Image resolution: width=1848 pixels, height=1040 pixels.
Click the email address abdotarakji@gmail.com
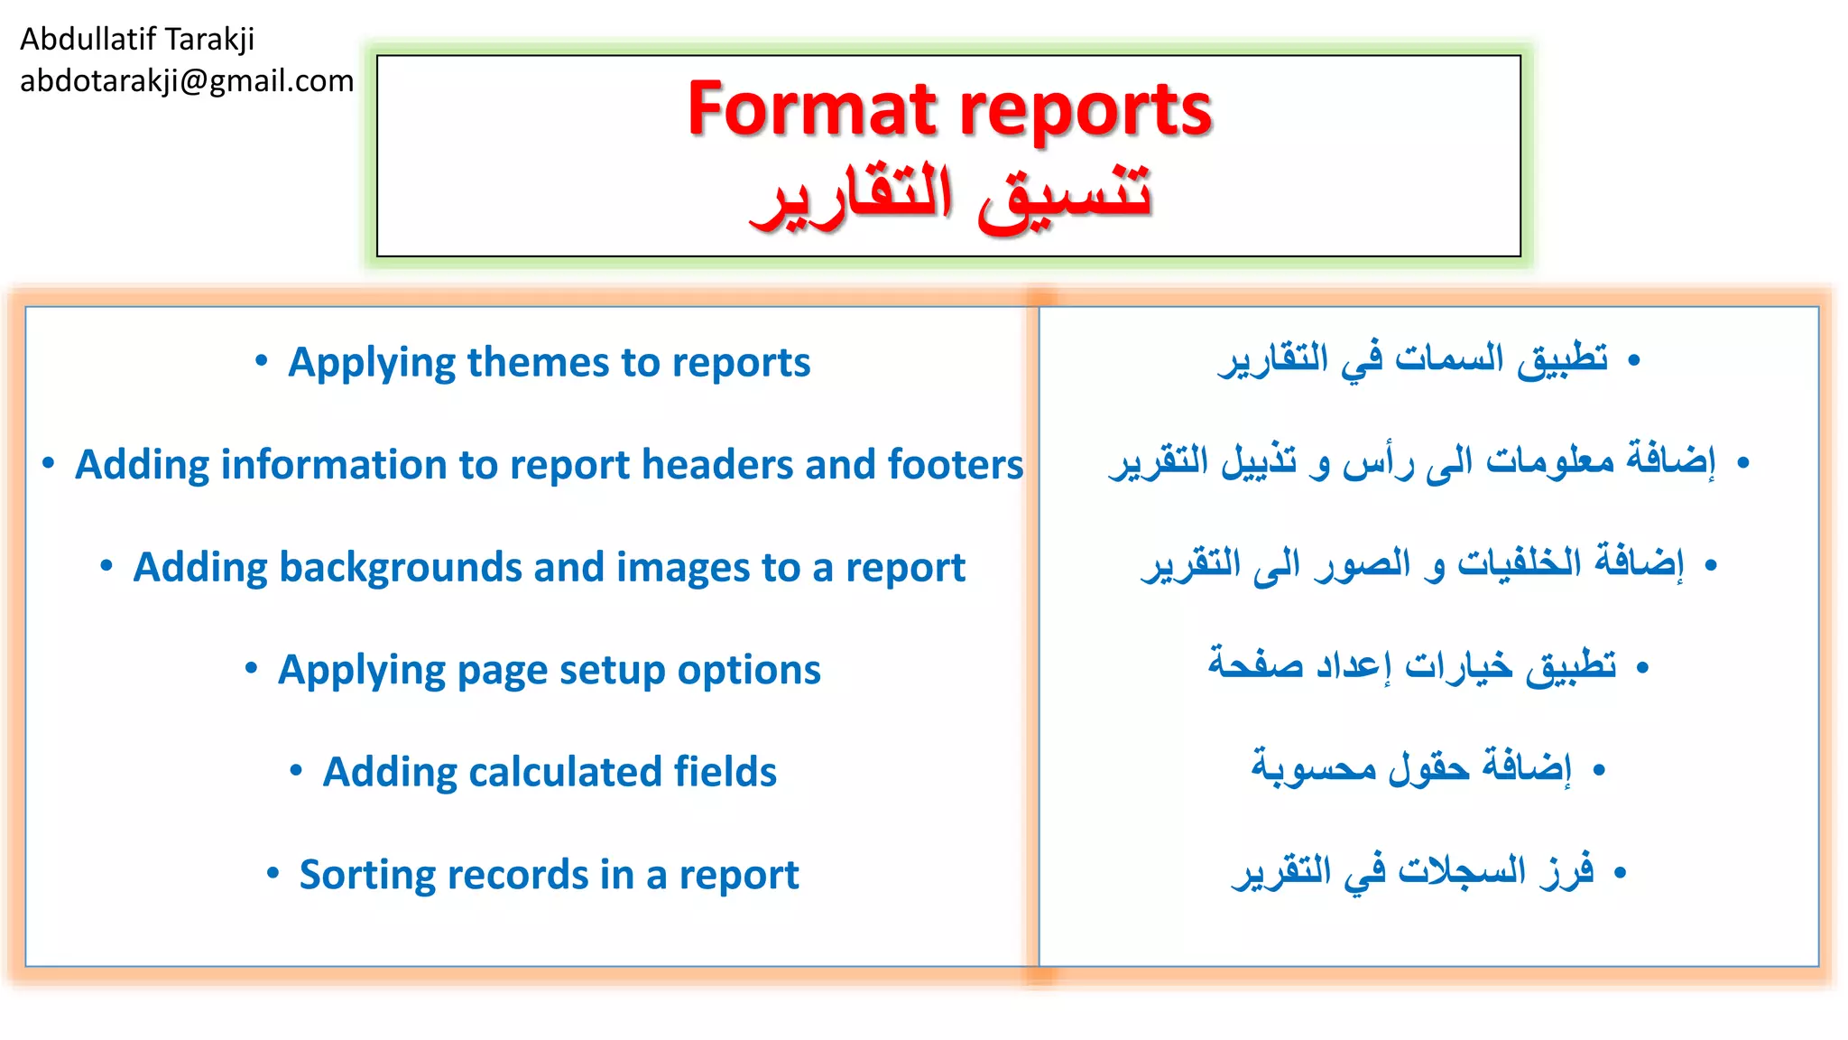pyautogui.click(x=187, y=81)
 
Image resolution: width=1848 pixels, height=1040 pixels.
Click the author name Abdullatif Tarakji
pyautogui.click(x=137, y=39)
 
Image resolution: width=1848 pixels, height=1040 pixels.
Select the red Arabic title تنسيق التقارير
pyautogui.click(x=950, y=196)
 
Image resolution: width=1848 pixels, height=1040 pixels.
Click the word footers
pyautogui.click(x=956, y=465)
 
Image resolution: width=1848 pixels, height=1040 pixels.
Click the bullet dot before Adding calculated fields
pyautogui.click(x=295, y=770)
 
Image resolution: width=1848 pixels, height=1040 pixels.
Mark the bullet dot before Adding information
pyautogui.click(x=48, y=463)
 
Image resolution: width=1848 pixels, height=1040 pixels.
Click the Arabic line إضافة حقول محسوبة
pyautogui.click(x=1411, y=768)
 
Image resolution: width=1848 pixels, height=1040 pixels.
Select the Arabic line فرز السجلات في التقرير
pyautogui.click(x=1413, y=871)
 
